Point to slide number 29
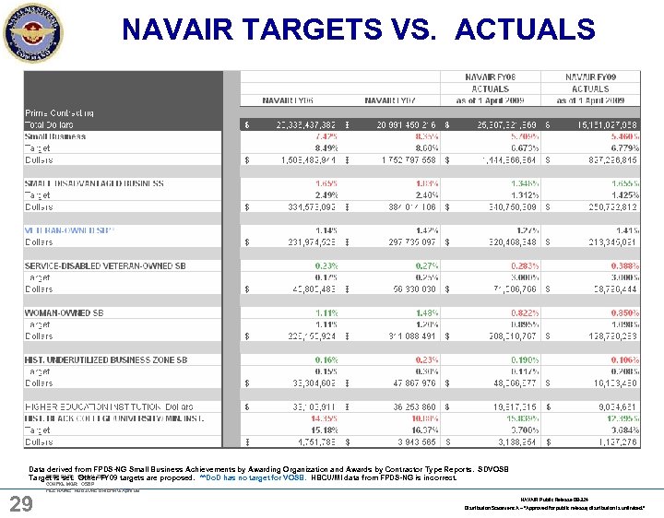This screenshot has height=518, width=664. tap(22, 503)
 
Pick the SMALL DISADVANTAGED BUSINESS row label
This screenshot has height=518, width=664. tap(94, 183)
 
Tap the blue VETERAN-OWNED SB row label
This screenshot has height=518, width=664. tap(70, 230)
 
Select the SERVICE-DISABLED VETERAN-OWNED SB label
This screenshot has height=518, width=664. tap(105, 266)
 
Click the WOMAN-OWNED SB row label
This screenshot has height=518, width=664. tap(65, 313)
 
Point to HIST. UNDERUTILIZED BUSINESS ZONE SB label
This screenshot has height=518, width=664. tap(106, 360)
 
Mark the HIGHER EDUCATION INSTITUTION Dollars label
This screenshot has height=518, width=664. tap(109, 406)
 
